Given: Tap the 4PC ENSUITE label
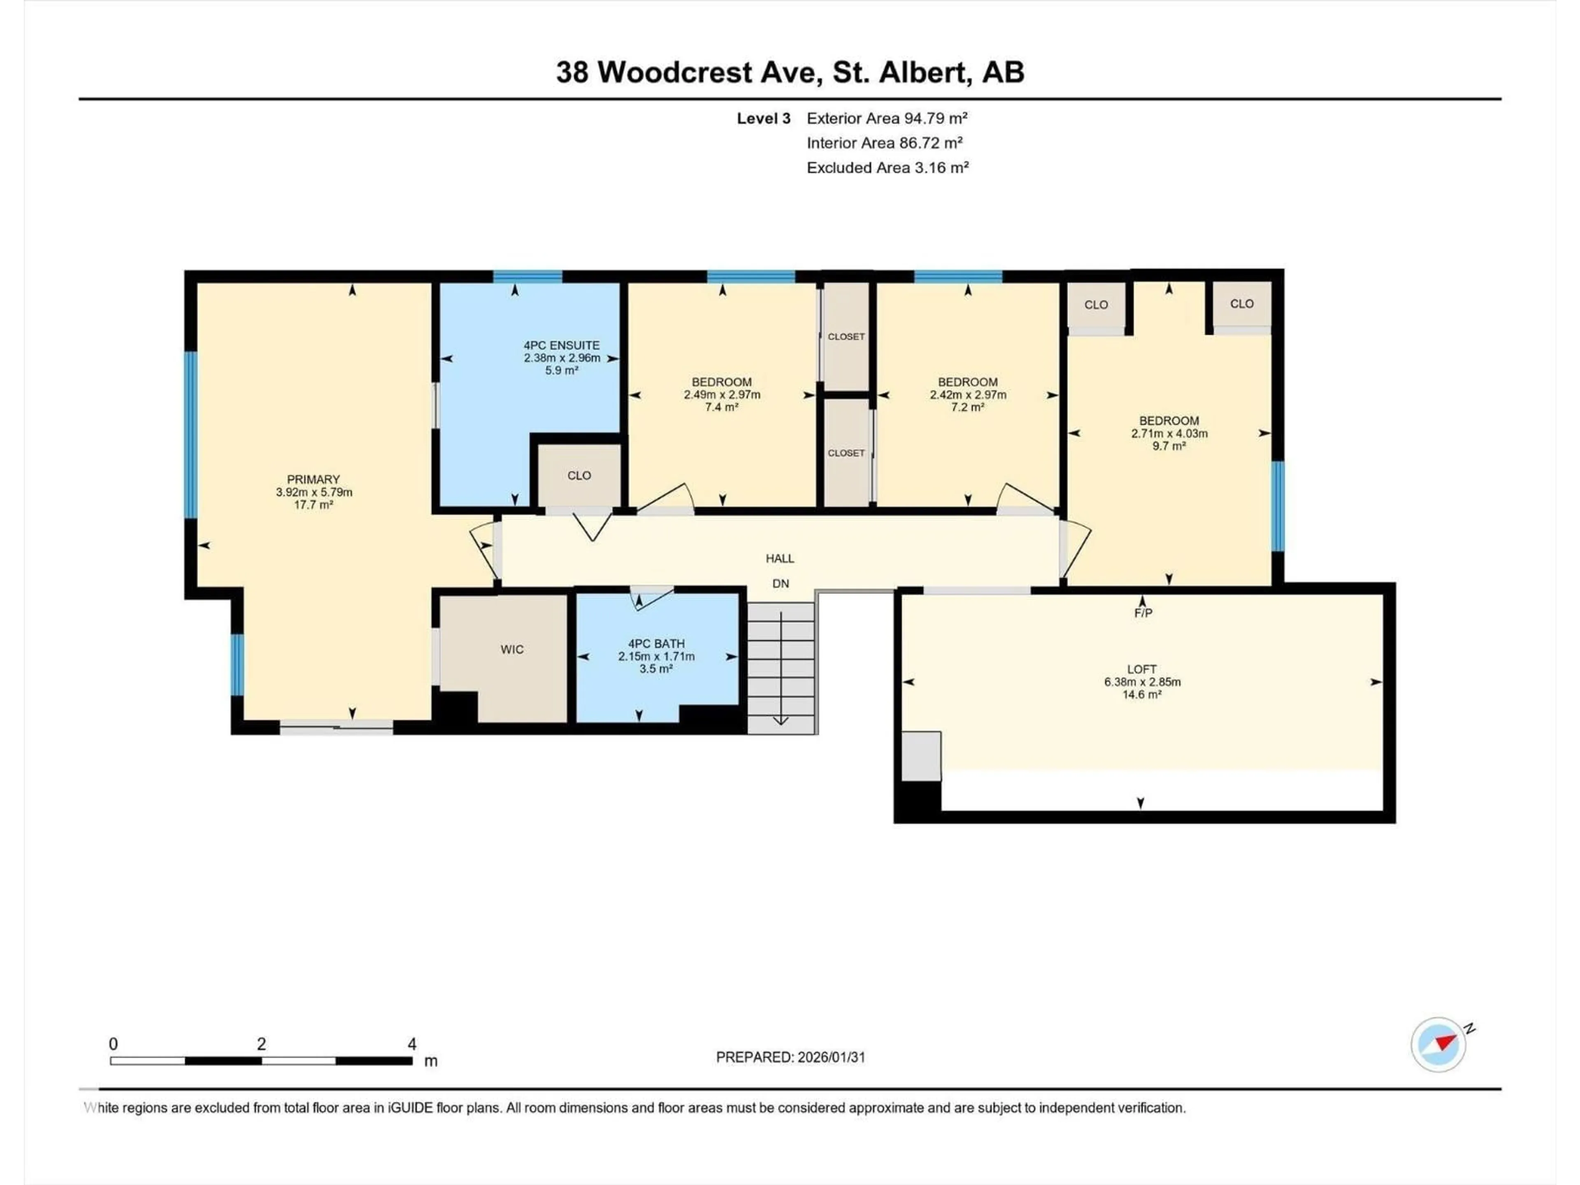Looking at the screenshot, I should tap(561, 345).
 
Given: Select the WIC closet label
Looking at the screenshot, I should tap(511, 649).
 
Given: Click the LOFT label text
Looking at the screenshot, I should tap(1141, 669).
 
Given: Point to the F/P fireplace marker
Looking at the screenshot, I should tap(1143, 613).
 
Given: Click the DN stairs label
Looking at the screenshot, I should tap(780, 583).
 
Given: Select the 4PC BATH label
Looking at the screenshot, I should tap(656, 644).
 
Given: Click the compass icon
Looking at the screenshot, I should tap(1438, 1044).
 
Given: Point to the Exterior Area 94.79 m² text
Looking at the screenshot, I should tap(886, 118).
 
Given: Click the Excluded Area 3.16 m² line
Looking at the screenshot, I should tap(887, 168).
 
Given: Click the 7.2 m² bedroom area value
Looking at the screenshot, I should tap(967, 407).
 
